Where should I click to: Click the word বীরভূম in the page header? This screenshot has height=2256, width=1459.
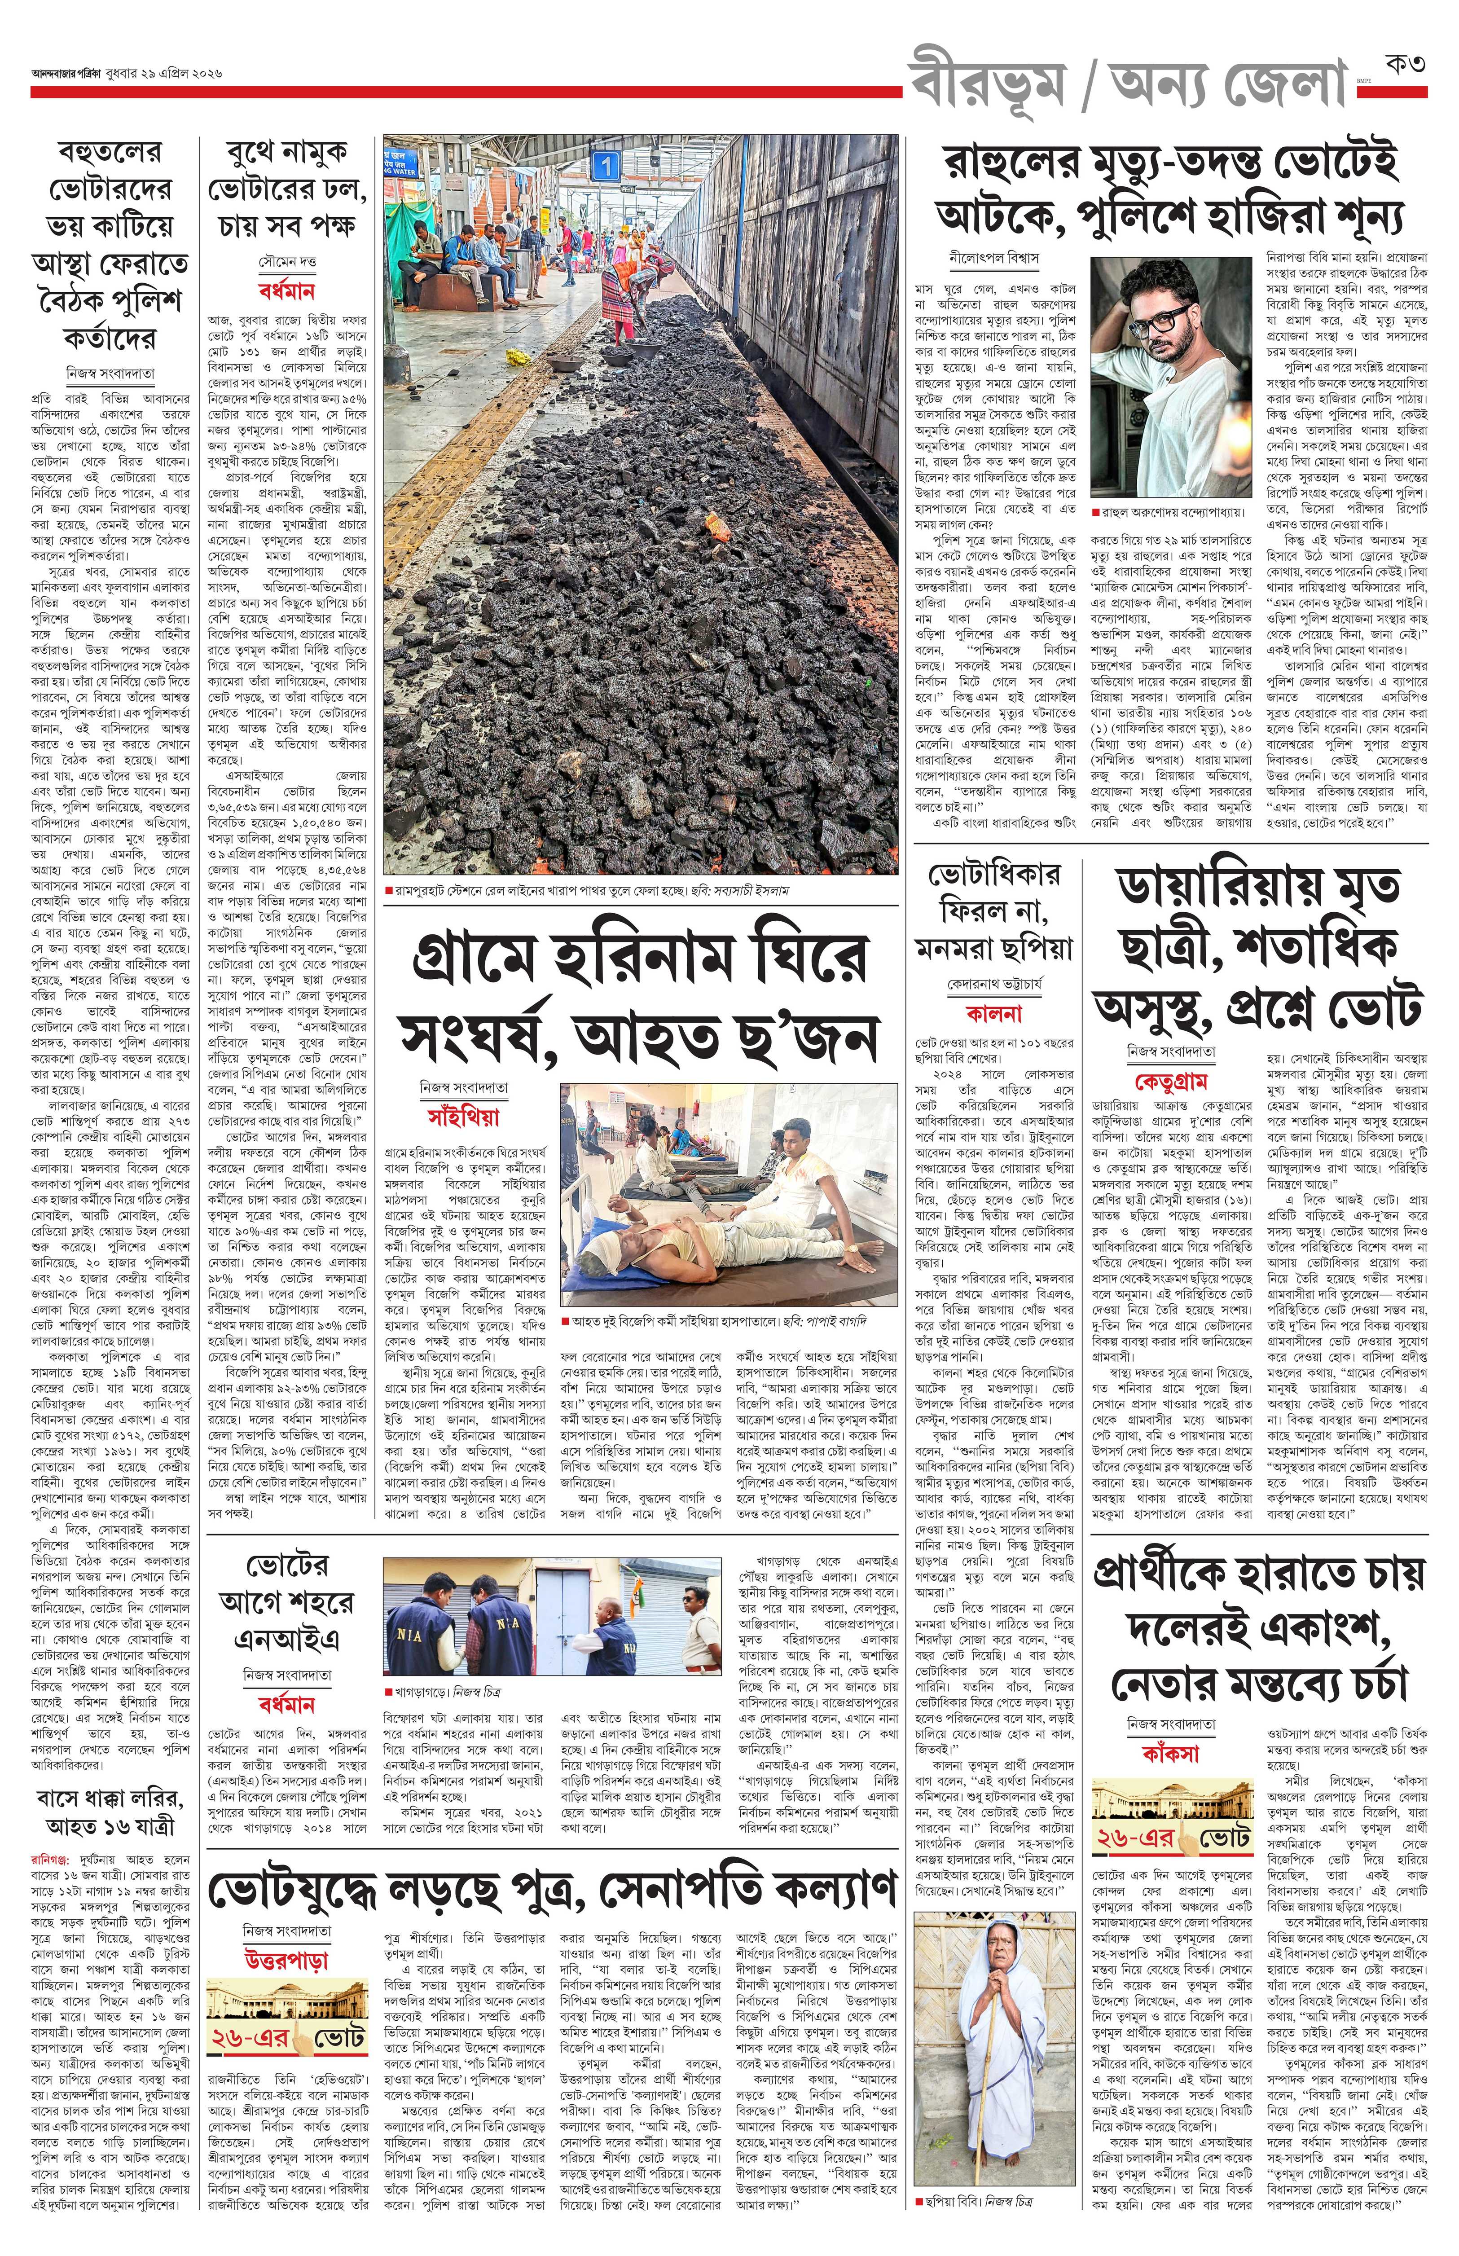click(x=985, y=84)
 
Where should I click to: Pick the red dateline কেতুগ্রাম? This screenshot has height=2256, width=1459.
click(x=1171, y=1081)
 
